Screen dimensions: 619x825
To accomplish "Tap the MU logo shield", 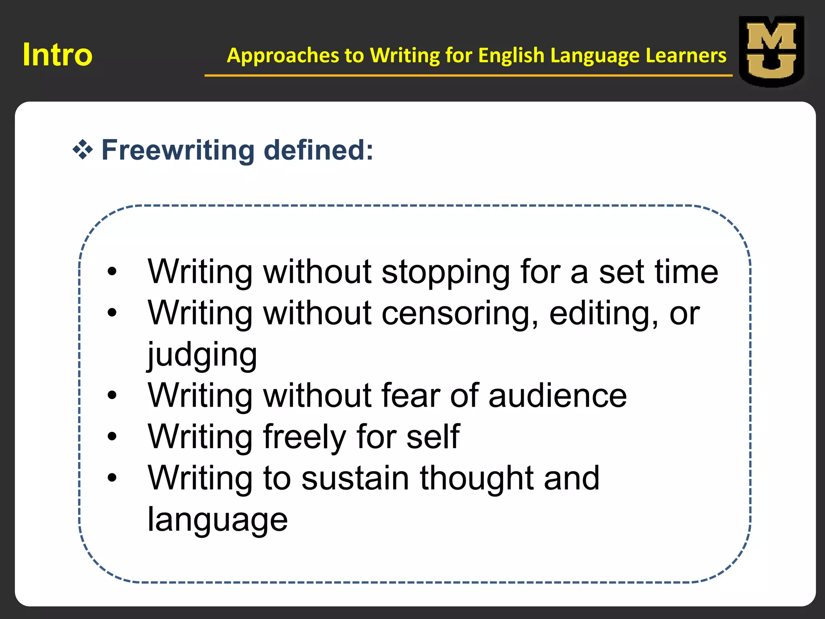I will click(x=771, y=51).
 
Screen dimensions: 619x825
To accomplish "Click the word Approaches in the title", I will click(x=283, y=55).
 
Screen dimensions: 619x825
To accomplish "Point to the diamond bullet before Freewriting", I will click(x=83, y=150).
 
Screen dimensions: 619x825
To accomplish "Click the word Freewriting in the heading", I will click(x=178, y=150).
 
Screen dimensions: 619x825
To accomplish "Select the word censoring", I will click(x=460, y=314).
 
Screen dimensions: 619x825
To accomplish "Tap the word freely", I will click(x=305, y=437).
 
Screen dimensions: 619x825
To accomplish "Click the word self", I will click(x=433, y=437).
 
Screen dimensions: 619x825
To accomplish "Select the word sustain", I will click(x=355, y=478).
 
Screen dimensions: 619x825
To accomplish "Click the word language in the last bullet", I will click(x=218, y=520).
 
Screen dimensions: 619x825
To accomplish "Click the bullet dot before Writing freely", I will click(x=112, y=436).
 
